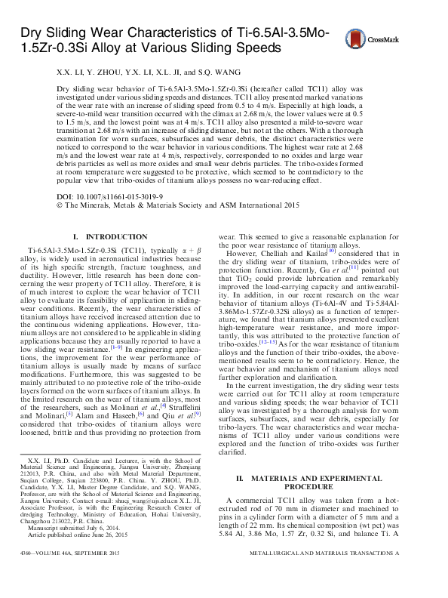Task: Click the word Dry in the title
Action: tap(32, 33)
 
